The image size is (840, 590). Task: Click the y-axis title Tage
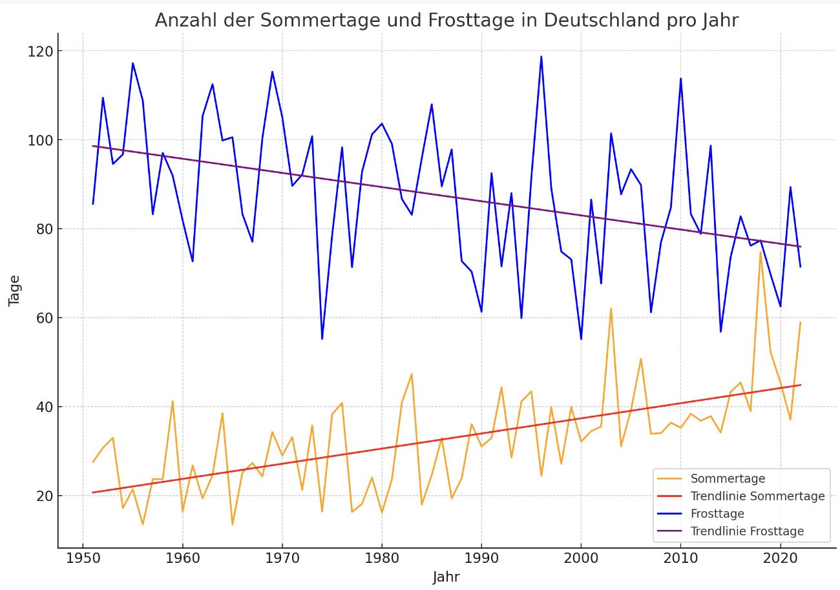(x=15, y=290)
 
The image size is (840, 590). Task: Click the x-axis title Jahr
(x=446, y=577)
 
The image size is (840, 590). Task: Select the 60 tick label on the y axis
(x=44, y=318)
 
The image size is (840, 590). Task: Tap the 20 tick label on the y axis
(x=44, y=496)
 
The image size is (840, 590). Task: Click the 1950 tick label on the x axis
(x=83, y=557)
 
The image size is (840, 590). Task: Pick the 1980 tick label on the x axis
(x=382, y=557)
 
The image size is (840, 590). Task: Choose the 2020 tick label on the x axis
(x=781, y=557)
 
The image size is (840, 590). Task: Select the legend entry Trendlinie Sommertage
(x=757, y=496)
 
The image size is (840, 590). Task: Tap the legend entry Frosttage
(x=717, y=514)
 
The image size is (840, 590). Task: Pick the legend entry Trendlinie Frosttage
(x=747, y=531)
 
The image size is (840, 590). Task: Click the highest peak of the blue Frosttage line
(x=541, y=56)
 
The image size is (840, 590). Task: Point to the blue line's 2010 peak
(x=680, y=79)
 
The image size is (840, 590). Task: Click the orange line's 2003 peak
(x=611, y=308)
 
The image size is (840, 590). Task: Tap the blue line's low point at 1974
(x=322, y=339)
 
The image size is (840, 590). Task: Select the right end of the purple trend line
(x=800, y=247)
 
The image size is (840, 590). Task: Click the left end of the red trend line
(x=93, y=493)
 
